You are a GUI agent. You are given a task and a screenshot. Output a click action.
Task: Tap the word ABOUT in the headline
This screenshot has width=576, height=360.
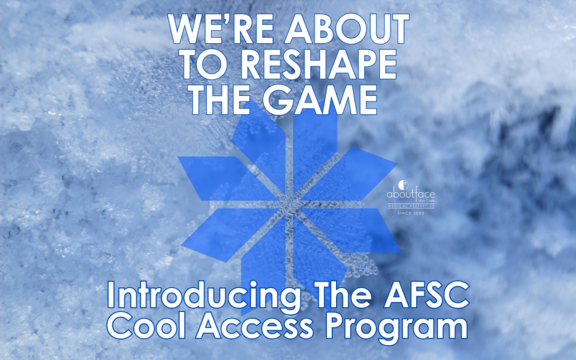tap(347, 30)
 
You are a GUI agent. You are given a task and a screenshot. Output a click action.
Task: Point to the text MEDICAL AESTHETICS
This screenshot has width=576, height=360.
tap(410, 206)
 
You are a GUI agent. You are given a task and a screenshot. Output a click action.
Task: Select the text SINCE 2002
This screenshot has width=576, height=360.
tap(410, 213)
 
